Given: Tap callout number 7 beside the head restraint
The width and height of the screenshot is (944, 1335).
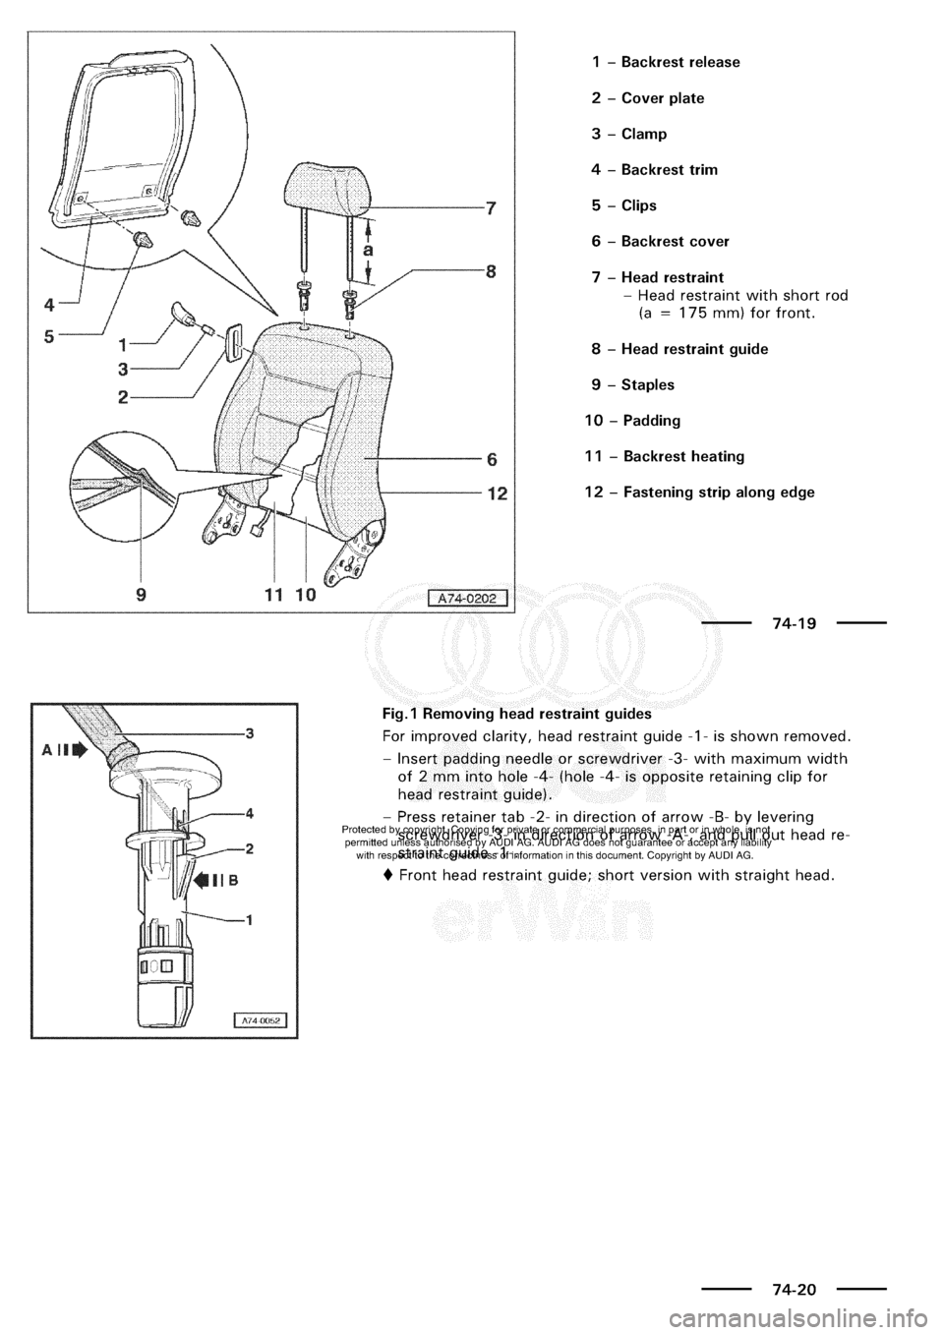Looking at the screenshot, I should pos(490,207).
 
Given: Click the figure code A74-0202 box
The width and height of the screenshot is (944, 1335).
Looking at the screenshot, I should pos(467,598).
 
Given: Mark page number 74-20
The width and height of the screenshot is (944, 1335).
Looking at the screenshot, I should pos(793,1285).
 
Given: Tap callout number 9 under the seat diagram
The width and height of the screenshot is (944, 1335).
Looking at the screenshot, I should pos(144,594).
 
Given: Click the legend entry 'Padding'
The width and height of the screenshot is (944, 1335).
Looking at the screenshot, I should pos(650,421).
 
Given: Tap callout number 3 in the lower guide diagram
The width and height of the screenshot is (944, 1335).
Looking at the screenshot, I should pos(250,732).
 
